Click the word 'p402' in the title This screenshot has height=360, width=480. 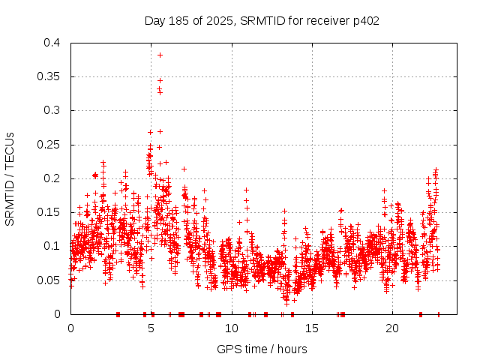[364, 20]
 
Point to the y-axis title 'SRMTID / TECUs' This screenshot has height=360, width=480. [10, 178]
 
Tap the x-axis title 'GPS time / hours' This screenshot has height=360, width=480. [262, 349]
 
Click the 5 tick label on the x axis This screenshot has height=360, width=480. [151, 328]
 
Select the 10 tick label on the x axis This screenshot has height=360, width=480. [232, 328]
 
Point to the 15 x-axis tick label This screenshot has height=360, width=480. [312, 328]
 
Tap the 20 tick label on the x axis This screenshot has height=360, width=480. [392, 328]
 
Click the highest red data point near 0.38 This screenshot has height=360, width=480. [160, 55]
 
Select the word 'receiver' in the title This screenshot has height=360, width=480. [327, 20]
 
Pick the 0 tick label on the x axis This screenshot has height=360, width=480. [71, 328]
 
